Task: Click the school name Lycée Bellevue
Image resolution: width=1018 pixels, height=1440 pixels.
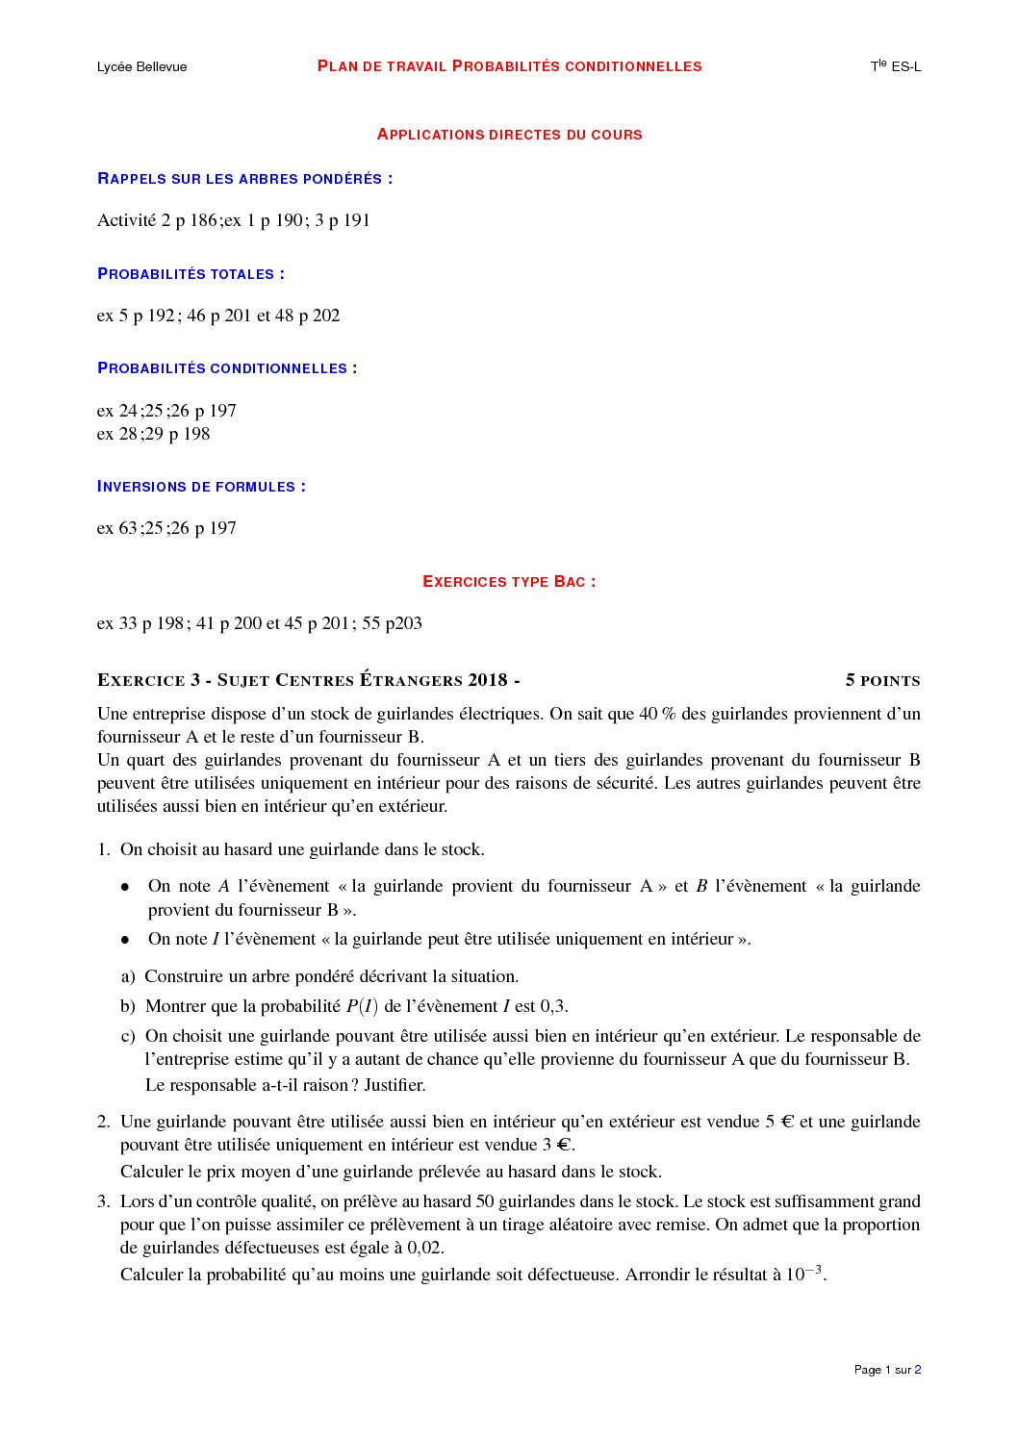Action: tap(141, 66)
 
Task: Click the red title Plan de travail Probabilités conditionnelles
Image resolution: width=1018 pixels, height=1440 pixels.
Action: tap(509, 66)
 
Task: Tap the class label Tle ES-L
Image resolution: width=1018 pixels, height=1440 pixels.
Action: tap(896, 66)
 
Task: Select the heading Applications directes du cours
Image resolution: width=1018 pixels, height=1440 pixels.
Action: tap(509, 135)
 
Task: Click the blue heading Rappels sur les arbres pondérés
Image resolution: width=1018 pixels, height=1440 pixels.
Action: tap(244, 179)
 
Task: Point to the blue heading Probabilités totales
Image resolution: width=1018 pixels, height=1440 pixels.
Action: tap(191, 274)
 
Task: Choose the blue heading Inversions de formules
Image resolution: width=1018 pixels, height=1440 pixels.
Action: tap(201, 487)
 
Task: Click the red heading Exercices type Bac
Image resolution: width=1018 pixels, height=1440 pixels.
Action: tap(509, 582)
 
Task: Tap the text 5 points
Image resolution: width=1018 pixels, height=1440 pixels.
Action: tap(882, 681)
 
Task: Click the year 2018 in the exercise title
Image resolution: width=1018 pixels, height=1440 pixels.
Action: tap(488, 680)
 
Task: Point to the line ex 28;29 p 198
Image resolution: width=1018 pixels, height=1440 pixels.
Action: tap(153, 434)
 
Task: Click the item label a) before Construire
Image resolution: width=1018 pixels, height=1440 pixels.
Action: tap(128, 976)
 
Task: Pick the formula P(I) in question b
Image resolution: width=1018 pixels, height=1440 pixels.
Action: tap(362, 1006)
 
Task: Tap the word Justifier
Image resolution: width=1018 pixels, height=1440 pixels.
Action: tap(394, 1085)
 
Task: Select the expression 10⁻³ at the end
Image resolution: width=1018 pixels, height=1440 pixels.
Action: tap(804, 1274)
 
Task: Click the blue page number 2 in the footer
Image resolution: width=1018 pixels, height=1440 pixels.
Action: tap(918, 1370)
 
